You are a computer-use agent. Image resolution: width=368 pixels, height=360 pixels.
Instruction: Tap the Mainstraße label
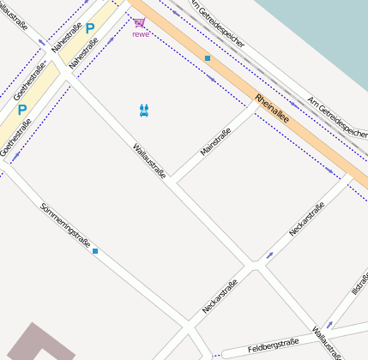(x=214, y=141)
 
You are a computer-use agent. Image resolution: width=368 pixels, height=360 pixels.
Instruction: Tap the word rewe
(x=140, y=34)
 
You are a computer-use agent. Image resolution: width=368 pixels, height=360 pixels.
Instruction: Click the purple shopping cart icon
(x=139, y=22)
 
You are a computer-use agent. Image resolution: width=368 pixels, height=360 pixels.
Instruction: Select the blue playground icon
(x=144, y=110)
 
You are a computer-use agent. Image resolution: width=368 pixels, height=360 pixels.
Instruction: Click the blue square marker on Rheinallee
(x=207, y=58)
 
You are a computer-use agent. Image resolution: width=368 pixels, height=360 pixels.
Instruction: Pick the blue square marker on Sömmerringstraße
(x=95, y=251)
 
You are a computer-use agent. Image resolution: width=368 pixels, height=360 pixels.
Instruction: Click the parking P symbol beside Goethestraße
(x=22, y=109)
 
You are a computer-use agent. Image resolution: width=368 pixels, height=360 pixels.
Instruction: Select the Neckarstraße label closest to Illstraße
(x=306, y=220)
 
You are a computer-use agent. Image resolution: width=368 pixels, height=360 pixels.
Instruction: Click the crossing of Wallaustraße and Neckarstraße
(x=255, y=268)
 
